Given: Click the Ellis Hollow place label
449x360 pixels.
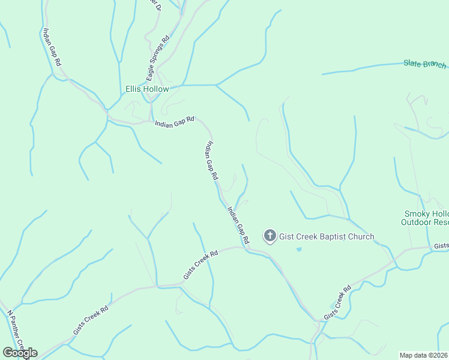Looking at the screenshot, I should coord(147,89).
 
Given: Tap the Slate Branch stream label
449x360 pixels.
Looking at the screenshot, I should coord(425,64).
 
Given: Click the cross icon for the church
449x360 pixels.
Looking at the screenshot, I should coord(270,236).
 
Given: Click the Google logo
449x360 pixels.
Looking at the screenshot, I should coord(20,352).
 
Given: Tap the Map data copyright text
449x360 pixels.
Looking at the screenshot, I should coord(424,355).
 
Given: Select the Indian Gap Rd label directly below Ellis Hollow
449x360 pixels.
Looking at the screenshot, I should coord(175,122).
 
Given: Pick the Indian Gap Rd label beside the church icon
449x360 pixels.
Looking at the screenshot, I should coord(238,225).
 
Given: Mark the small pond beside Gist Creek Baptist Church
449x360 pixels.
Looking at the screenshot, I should coord(299,249).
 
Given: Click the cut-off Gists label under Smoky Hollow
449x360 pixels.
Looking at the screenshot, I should coord(441,246).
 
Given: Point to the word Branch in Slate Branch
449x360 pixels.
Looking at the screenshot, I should coord(435,65).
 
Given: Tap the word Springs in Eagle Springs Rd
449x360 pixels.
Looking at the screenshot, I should coord(159,58).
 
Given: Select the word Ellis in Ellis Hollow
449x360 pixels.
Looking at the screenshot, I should coord(133,89).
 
